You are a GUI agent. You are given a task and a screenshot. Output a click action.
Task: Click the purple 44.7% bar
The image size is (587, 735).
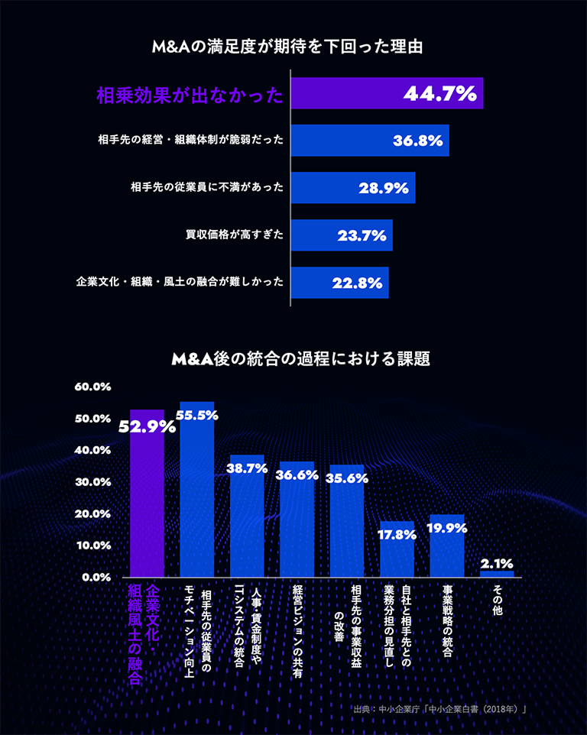[x=387, y=93]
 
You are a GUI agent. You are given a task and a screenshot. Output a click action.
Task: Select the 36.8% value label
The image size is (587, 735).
[x=418, y=141]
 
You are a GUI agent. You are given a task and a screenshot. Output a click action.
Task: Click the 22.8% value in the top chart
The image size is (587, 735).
[x=357, y=283]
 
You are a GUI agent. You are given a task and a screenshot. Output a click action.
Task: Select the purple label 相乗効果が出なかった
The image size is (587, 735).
[x=190, y=95]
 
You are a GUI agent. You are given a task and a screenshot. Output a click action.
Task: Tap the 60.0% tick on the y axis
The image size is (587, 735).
[x=92, y=387]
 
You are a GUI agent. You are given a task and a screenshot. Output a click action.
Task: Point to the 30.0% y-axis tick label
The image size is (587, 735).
[x=92, y=482]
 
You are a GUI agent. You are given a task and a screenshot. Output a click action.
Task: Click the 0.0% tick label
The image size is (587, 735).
[x=96, y=577]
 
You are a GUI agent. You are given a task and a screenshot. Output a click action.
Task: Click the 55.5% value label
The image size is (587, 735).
[x=197, y=416]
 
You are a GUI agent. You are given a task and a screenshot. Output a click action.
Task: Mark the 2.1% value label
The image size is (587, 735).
[x=497, y=564]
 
